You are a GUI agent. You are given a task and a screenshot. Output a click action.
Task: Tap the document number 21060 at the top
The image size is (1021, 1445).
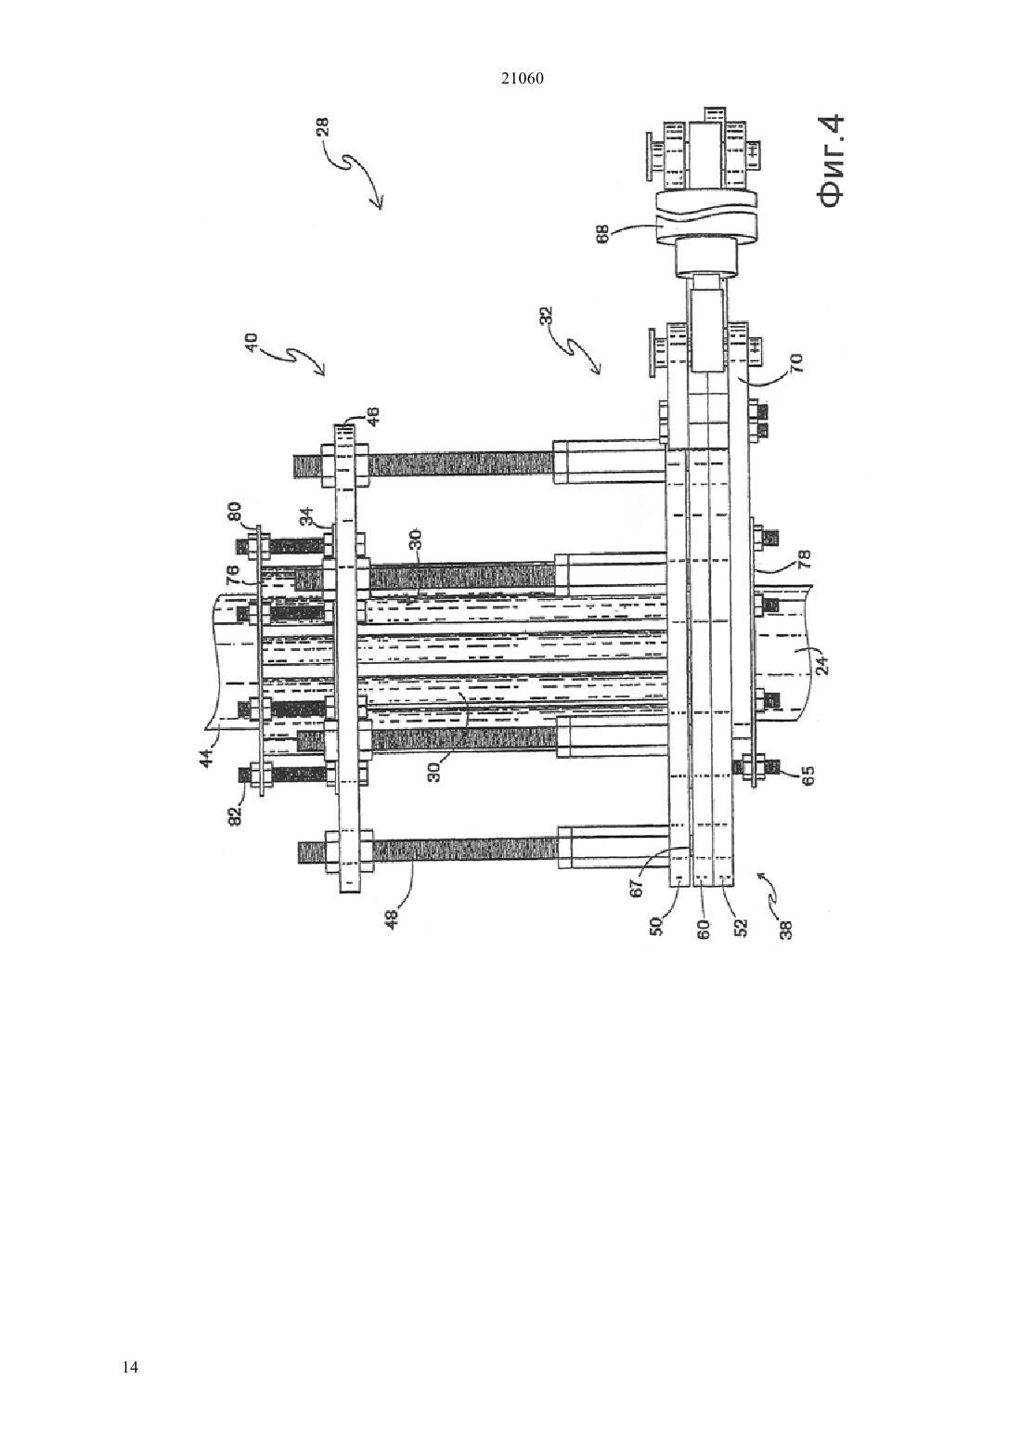[522, 79]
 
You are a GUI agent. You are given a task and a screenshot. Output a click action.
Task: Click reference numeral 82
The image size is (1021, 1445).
[237, 815]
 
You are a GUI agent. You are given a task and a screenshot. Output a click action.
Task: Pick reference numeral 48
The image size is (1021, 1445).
[392, 918]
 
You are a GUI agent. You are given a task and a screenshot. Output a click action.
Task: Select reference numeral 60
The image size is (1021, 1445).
[704, 929]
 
